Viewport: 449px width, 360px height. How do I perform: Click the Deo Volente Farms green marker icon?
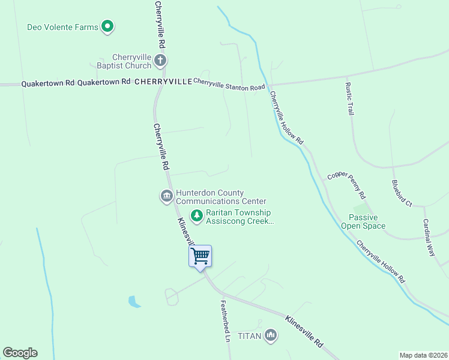coord(107,26)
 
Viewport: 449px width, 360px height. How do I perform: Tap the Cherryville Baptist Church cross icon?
coord(160,60)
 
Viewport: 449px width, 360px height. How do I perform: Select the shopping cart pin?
coord(200,256)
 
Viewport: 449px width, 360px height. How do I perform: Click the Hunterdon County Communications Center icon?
coord(166,197)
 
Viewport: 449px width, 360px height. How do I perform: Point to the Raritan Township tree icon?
coord(196,215)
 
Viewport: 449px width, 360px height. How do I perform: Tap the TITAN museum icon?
coord(271,335)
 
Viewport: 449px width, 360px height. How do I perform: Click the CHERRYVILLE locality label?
coord(163,81)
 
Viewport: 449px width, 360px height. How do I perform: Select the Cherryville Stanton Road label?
coord(229,85)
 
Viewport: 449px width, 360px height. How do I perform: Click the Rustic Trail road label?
coord(349,98)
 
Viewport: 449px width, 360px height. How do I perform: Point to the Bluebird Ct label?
coord(401,193)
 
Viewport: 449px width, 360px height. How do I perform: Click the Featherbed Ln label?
coord(226,320)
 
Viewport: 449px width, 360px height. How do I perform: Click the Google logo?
coord(20,353)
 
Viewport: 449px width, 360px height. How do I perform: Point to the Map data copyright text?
coord(424,355)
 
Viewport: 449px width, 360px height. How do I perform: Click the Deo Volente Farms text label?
coord(62,27)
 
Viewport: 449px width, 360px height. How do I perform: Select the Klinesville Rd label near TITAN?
coord(304,332)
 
